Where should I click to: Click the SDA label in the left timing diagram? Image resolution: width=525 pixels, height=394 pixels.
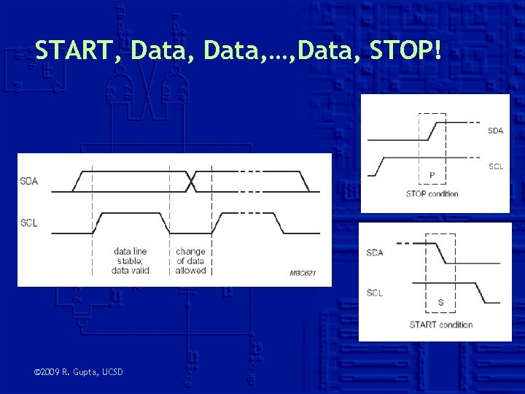coord(29,180)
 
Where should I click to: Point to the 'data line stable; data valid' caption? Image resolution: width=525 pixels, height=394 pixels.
coord(131,260)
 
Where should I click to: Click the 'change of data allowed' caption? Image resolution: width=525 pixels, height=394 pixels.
coord(191,260)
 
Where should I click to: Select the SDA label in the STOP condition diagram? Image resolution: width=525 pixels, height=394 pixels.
coord(495,131)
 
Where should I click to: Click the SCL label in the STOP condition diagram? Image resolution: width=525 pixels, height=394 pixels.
coord(495,166)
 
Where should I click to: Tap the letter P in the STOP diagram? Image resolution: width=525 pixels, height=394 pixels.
coord(432,175)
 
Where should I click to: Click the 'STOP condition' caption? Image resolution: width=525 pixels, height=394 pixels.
coord(432,193)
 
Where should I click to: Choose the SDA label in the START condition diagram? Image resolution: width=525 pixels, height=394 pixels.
coord(375,252)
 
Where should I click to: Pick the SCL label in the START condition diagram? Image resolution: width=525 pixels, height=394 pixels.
coord(375,293)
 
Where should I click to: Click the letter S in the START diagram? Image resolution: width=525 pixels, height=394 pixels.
coord(440,301)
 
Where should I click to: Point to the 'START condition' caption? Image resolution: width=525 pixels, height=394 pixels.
coord(440,325)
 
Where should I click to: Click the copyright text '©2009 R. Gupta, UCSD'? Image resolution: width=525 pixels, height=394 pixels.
coord(79,373)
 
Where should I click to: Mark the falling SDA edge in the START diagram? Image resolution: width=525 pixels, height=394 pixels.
coord(440,252)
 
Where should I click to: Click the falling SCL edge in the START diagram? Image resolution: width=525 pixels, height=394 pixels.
coord(481,293)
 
